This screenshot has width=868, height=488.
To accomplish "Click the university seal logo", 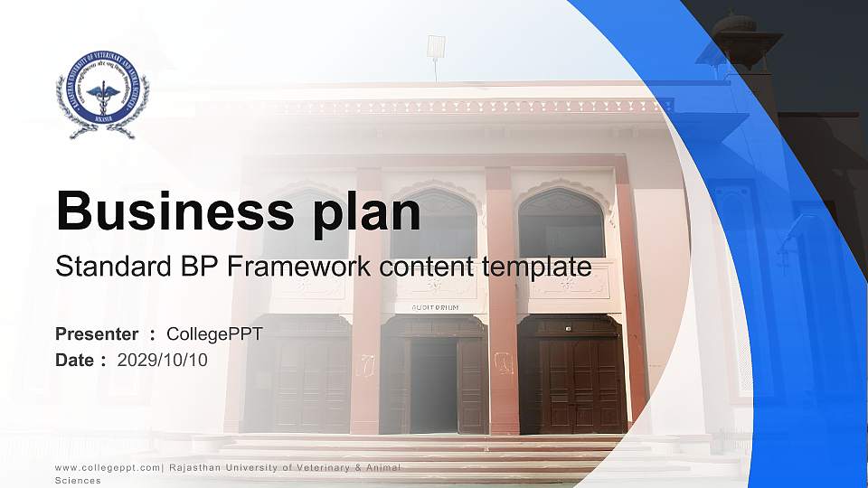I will tap(102, 95).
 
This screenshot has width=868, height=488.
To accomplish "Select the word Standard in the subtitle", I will tap(100, 267).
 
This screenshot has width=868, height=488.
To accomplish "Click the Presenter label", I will tap(97, 334).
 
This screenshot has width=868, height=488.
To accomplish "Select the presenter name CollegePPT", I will tap(215, 334).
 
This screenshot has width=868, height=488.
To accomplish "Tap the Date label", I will tap(75, 360).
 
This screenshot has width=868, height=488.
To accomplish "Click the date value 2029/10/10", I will tap(163, 360).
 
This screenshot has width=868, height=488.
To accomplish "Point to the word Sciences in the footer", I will tap(78, 481).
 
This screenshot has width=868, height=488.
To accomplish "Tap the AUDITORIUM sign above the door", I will tap(435, 307).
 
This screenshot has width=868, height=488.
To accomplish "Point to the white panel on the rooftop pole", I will tap(436, 45).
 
